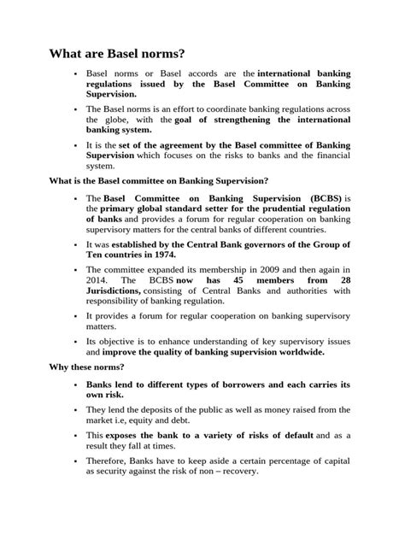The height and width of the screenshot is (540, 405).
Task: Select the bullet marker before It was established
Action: [x=75, y=244]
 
